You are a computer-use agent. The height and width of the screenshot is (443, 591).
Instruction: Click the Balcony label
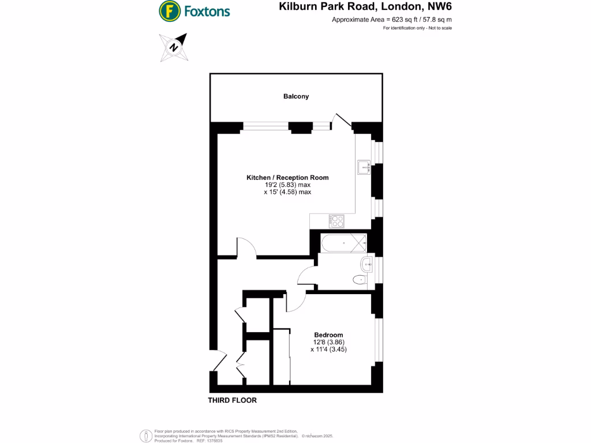coord(296,96)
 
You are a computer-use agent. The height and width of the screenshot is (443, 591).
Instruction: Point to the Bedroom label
coord(328,335)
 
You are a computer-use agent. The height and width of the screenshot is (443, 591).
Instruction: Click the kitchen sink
coord(364,167)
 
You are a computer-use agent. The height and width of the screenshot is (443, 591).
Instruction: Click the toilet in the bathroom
coord(360,280)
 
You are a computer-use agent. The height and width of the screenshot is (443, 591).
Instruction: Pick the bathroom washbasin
coord(366,265)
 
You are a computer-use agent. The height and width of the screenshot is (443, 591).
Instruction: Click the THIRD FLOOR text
coord(233,400)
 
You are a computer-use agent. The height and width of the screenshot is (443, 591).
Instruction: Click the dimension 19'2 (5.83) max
coord(287,185)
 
